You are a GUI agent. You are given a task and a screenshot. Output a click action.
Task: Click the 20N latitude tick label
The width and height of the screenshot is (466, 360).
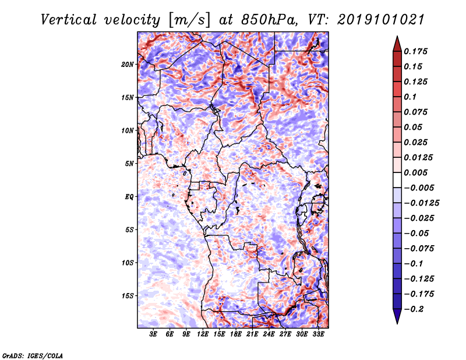pyautogui.click(x=128, y=65)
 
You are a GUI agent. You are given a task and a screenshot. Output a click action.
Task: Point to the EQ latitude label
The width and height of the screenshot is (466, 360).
pyautogui.click(x=129, y=197)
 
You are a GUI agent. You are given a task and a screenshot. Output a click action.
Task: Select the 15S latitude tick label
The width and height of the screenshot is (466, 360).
pyautogui.click(x=128, y=296)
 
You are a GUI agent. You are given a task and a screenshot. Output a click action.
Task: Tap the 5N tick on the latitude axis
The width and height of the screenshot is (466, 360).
pyautogui.click(x=129, y=164)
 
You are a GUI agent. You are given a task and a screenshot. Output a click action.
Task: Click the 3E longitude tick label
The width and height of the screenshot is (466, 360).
pyautogui.click(x=153, y=334)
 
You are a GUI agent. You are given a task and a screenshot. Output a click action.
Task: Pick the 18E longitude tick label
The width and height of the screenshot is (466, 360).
pyautogui.click(x=236, y=334)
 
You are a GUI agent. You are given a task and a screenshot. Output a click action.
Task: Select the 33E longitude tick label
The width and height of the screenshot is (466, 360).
pyautogui.click(x=318, y=334)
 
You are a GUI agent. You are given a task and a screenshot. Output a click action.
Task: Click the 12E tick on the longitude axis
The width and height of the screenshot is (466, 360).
pyautogui.click(x=203, y=334)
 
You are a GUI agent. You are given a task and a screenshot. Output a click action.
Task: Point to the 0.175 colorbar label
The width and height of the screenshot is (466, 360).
pyautogui.click(x=415, y=51)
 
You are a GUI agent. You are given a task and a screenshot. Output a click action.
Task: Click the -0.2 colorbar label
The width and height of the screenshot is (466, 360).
pyautogui.click(x=414, y=309)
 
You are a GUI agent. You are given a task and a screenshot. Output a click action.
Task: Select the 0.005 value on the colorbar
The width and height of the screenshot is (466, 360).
pyautogui.click(x=415, y=172)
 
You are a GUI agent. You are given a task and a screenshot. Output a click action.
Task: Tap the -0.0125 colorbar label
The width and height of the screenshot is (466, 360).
pyautogui.click(x=421, y=203)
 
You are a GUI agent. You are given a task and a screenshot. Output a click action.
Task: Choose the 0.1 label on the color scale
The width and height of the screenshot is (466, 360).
pyautogui.click(x=410, y=97)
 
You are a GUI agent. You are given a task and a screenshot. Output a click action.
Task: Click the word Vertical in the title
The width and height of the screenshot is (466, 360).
pyautogui.click(x=69, y=20)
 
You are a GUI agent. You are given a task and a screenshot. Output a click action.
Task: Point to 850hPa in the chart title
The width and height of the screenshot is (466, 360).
pyautogui.click(x=269, y=20)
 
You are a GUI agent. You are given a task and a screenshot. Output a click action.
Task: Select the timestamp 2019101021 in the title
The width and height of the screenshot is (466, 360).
pyautogui.click(x=381, y=20)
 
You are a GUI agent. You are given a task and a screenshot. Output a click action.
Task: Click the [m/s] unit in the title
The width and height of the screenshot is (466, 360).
pyautogui.click(x=189, y=20)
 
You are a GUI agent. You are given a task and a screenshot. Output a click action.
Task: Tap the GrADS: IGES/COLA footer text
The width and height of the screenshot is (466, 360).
pyautogui.click(x=33, y=355)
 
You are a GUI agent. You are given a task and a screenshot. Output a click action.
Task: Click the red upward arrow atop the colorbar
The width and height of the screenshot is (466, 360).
pyautogui.click(x=397, y=44)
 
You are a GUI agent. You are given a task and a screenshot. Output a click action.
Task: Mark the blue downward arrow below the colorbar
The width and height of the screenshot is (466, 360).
pyautogui.click(x=397, y=316)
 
